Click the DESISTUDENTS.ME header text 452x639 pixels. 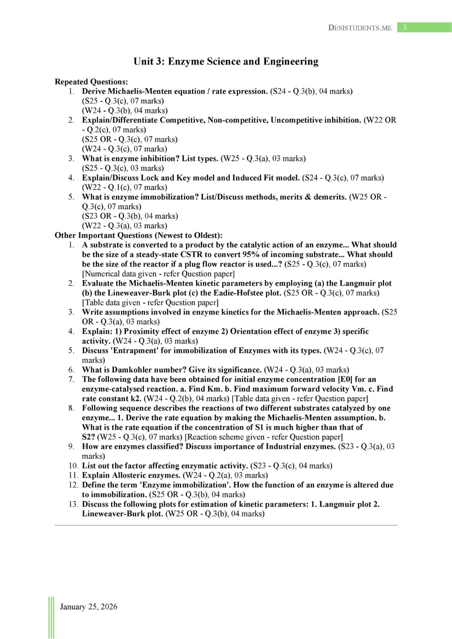coord(360,28)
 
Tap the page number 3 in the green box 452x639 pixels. coord(405,28)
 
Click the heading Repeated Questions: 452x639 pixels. coord(91,82)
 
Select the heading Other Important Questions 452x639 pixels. coord(138,235)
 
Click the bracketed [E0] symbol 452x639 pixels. coord(345,379)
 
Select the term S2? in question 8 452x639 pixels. coord(88,437)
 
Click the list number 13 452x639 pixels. coord(73,504)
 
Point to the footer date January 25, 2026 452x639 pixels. coord(89,607)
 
